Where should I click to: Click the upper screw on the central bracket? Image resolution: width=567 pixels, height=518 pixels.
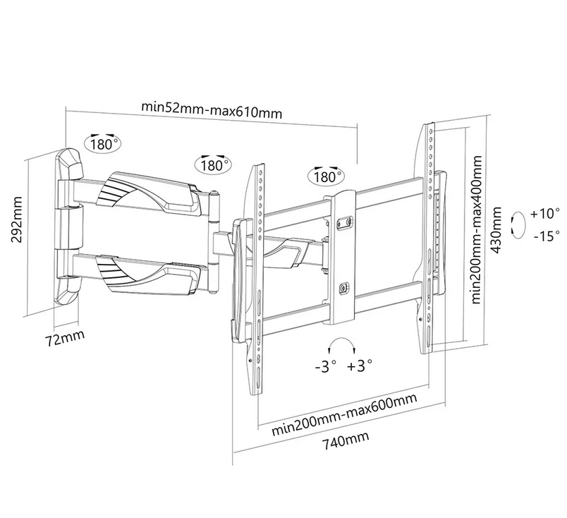tap(345, 222)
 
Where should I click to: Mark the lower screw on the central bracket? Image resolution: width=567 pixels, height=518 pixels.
tap(344, 287)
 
